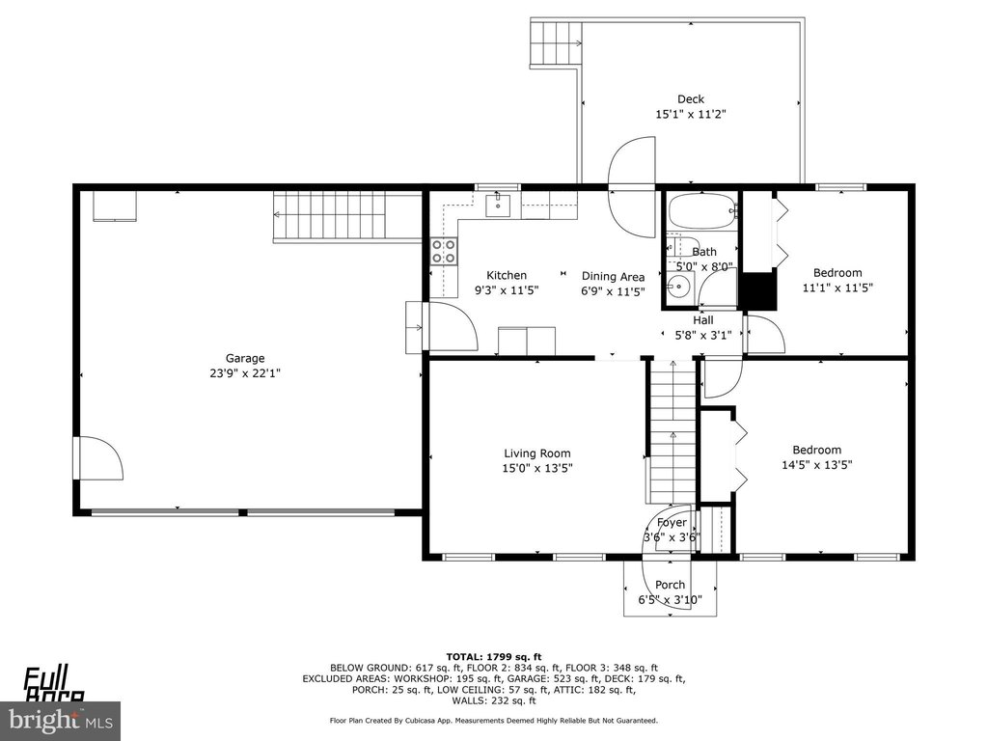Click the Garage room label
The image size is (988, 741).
click(x=245, y=359)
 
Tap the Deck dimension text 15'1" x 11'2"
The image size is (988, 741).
click(x=691, y=114)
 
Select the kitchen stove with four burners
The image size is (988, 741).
click(x=444, y=251)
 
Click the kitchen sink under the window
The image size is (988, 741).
click(x=498, y=205)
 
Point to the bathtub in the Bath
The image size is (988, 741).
click(x=702, y=211)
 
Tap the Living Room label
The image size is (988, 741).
click(x=537, y=453)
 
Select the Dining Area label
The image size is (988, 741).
click(x=613, y=277)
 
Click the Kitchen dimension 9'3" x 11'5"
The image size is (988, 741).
click(x=507, y=290)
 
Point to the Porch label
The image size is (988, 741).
click(x=670, y=585)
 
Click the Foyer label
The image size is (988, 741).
click(x=672, y=522)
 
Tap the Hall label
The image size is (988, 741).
click(x=703, y=320)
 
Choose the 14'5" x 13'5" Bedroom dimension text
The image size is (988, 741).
click(x=816, y=465)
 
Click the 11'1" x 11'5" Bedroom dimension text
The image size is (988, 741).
click(x=837, y=288)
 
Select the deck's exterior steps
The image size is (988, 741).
click(x=555, y=42)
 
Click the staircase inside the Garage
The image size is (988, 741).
click(x=347, y=217)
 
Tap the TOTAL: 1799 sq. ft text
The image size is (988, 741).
click(x=494, y=657)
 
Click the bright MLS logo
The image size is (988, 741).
click(x=60, y=720)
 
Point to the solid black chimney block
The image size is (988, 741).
click(x=758, y=290)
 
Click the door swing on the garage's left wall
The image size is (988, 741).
click(x=100, y=458)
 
